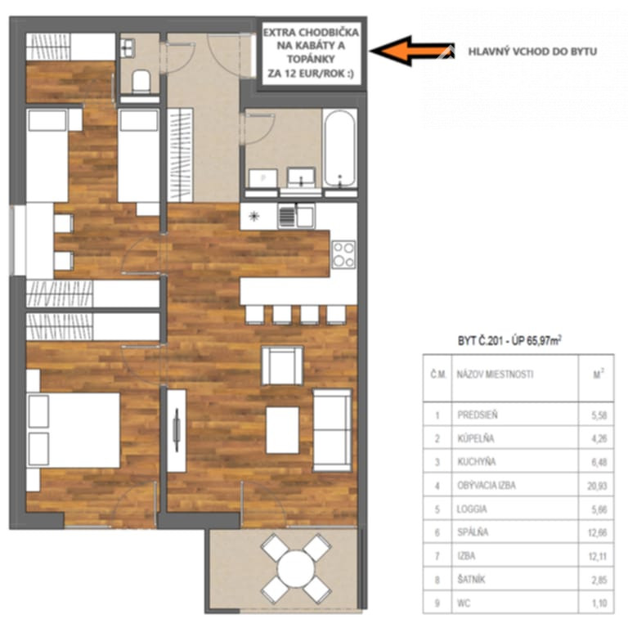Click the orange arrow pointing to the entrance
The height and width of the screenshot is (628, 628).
coord(411,51)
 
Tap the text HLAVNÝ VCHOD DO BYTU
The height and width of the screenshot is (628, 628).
coord(532,52)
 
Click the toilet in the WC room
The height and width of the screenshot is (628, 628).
coord(141,80)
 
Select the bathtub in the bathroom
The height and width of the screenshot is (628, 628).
coord(339,148)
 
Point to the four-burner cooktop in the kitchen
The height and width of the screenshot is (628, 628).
coord(343,254)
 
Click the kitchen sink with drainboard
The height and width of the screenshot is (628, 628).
coord(296,216)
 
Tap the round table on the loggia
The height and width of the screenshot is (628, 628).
coord(296,568)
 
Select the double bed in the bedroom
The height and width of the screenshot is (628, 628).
coord(74,430)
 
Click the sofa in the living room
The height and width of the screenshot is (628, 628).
coord(332,430)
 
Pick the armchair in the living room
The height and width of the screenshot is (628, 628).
coord(282,366)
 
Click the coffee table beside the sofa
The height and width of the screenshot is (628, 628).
coord(282,430)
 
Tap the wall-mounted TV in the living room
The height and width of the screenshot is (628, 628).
coord(177,430)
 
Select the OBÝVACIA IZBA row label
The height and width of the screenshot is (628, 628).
coord(487,486)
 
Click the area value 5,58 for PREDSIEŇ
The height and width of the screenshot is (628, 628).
coord(599,415)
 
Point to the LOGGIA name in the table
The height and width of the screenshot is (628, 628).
coord(472,509)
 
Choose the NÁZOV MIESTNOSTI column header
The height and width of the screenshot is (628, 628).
coord(495,374)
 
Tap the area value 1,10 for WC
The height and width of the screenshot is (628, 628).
coord(599,603)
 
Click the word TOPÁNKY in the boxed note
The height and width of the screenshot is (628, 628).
coord(311,59)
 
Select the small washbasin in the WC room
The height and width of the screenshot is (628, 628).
coord(128,48)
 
